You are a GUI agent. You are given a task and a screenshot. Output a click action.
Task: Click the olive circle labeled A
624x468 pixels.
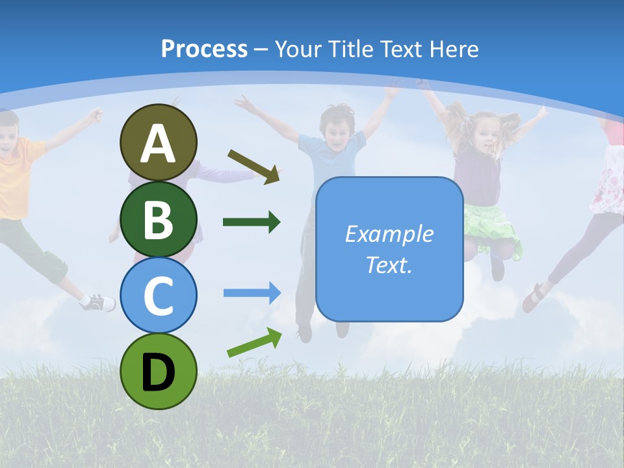click(158, 142)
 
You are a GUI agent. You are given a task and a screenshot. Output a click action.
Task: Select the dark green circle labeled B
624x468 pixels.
click(158, 219)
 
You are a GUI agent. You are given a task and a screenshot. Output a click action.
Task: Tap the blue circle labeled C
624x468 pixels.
click(158, 295)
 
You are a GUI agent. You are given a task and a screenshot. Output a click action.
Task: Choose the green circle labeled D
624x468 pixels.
click(158, 371)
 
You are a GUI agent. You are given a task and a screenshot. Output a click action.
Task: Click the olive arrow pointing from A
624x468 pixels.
click(254, 166)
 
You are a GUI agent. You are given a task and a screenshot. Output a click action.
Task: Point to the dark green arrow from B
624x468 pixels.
click(252, 222)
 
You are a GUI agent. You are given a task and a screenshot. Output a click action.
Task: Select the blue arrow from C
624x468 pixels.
click(252, 292)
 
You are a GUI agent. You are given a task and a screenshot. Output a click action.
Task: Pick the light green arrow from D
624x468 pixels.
click(254, 343)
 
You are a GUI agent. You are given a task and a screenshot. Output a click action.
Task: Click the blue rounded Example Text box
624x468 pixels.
click(389, 249)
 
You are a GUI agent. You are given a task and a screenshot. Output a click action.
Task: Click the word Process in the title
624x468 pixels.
click(204, 49)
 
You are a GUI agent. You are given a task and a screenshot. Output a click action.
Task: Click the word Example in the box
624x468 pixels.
click(389, 234)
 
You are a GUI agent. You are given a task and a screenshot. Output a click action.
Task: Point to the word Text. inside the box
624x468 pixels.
click(389, 265)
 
